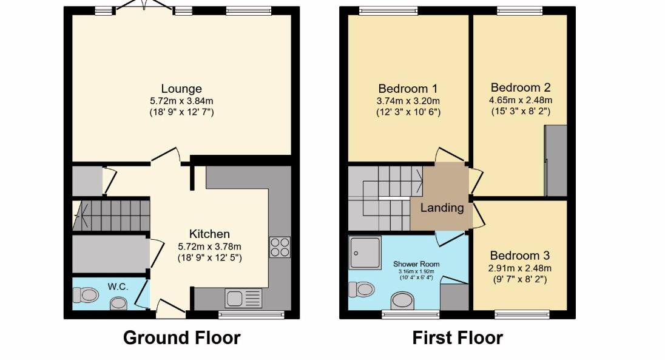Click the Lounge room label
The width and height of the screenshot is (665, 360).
pos(181,89)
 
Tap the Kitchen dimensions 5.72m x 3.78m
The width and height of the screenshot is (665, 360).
pos(209,246)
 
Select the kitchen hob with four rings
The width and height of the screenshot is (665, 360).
pos(280,247)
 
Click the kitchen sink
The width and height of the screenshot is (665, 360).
pos(243,298)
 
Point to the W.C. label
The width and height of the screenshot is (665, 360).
pos(118,286)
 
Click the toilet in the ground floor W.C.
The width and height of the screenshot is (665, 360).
pos(86,296)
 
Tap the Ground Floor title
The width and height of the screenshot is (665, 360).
pos(181,338)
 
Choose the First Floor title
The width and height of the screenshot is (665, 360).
pos(457,338)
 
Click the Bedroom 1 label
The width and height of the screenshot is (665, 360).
pos(408,89)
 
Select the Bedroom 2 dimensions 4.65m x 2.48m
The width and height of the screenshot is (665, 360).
pos(521,100)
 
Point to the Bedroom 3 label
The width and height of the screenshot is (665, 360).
pos(521,256)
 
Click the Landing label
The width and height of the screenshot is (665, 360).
pos(442,208)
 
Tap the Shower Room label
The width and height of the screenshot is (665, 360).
pos(416,264)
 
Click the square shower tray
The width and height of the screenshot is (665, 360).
pos(365,253)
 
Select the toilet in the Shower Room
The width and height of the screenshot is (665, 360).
pos(362,289)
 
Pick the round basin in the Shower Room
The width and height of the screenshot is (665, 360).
pos(402,299)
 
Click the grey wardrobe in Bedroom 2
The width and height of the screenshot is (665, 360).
pos(556,161)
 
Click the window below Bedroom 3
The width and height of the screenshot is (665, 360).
pos(521,314)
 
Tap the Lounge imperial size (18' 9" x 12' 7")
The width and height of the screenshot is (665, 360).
pos(181,112)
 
